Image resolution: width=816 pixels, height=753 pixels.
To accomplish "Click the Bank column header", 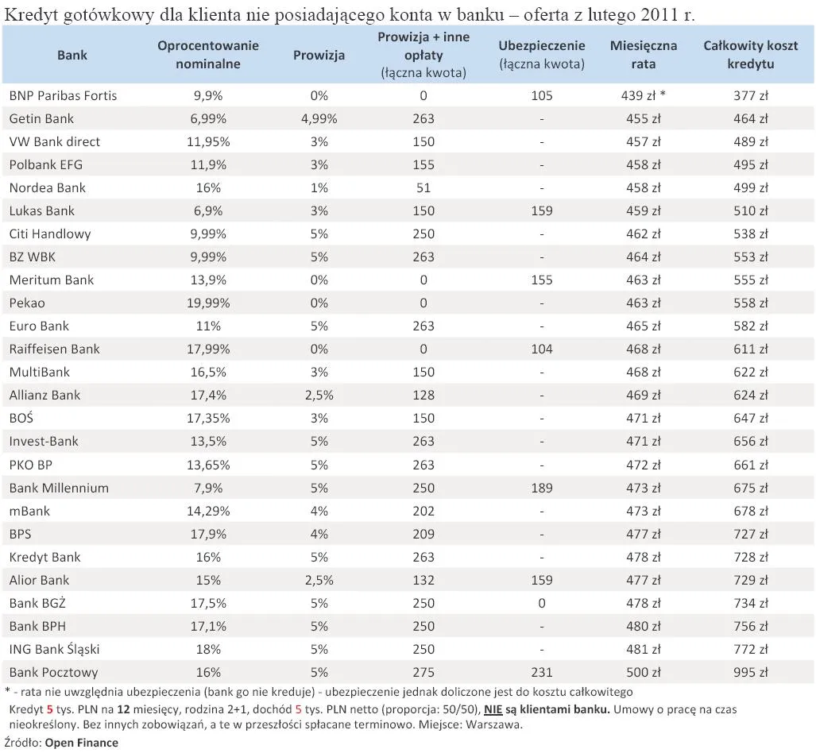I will pos(72,55).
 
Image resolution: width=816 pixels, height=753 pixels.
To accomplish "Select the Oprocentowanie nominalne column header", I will pos(208,55).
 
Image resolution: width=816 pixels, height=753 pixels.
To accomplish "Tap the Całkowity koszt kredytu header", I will pos(751,55).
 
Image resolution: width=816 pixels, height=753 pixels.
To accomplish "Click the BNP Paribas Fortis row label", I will pos(63,95).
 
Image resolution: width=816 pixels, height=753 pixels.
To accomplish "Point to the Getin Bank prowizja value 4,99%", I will pos(319,118).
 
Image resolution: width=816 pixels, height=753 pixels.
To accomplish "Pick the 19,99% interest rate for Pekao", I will pos(208,303).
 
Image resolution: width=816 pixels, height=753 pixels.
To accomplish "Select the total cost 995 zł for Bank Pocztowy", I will pos(751,672).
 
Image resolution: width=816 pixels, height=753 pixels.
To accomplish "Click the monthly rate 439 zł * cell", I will pos(644,95).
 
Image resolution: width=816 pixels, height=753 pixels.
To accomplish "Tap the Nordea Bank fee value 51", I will pos(423,187).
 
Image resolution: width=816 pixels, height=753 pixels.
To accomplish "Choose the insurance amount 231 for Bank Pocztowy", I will pos(541,672).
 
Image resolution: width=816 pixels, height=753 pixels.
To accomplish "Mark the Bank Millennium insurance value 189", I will pos(541,487).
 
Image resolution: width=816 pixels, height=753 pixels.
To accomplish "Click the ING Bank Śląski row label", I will pos(55,649).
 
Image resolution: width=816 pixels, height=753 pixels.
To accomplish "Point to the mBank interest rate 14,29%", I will pos(208,510).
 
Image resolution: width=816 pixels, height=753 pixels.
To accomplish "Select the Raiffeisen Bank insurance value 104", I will pos(541,349).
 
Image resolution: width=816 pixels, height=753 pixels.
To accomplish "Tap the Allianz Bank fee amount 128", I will pos(423,395).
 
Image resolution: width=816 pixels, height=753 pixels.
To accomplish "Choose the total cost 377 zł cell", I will pos(751,95).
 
